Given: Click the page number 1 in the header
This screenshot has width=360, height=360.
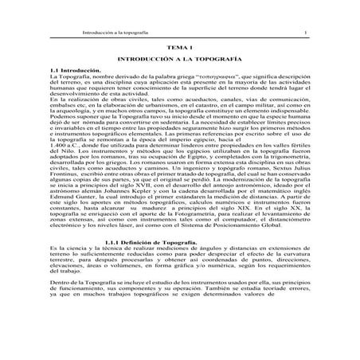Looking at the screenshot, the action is [306, 31].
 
